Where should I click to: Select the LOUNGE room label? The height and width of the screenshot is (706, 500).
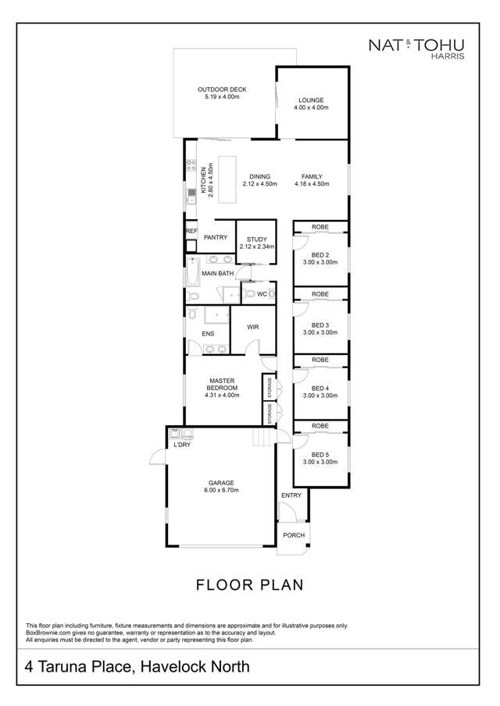pyautogui.click(x=310, y=100)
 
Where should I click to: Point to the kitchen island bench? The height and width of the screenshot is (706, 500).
pyautogui.click(x=227, y=179)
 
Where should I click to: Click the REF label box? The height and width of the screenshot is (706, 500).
pyautogui.click(x=191, y=231)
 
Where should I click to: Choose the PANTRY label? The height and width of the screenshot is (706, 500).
pyautogui.click(x=215, y=237)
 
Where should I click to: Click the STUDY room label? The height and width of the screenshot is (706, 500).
pyautogui.click(x=256, y=239)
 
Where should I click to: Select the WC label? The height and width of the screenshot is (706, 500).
pyautogui.click(x=262, y=294)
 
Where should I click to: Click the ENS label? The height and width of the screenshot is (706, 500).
pyautogui.click(x=208, y=334)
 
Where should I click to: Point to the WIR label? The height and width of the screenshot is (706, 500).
pyautogui.click(x=253, y=328)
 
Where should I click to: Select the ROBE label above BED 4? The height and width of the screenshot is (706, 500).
pyautogui.click(x=320, y=360)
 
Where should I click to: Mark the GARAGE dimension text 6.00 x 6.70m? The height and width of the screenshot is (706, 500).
pyautogui.click(x=221, y=490)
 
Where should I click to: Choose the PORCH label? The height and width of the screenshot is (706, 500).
pyautogui.click(x=293, y=535)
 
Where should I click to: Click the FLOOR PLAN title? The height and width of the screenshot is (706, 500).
pyautogui.click(x=249, y=584)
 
